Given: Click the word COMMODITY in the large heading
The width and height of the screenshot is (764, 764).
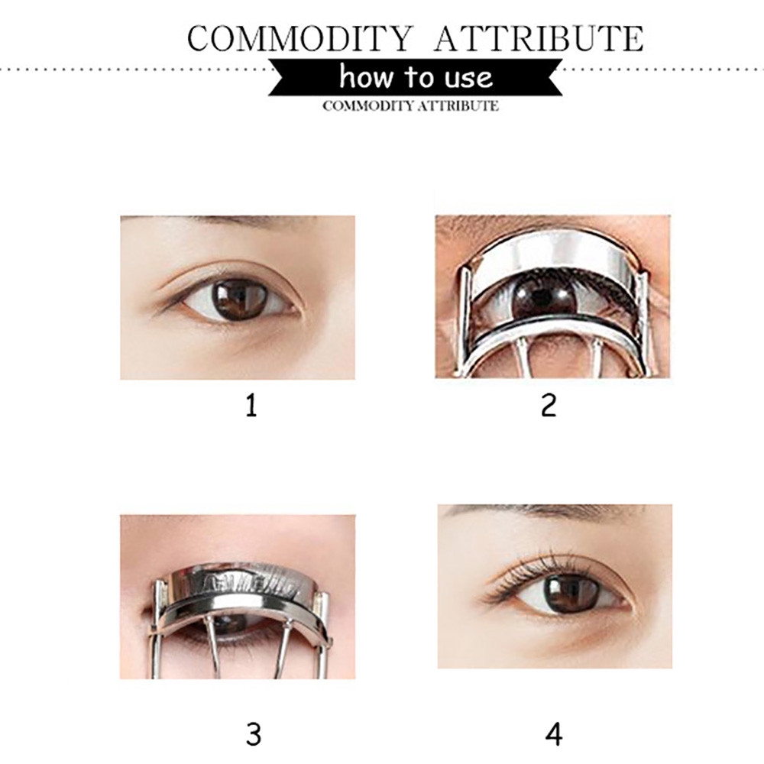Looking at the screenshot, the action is [x=300, y=38].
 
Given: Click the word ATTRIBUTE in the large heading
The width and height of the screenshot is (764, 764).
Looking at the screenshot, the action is [x=539, y=38].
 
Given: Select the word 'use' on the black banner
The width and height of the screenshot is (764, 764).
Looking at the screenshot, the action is [x=468, y=78].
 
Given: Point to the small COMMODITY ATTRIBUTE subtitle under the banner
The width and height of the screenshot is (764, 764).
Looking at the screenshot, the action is [x=410, y=105].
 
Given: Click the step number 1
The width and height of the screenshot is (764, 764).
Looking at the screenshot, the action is [x=251, y=406].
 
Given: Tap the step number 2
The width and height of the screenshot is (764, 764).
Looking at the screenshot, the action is [x=549, y=406].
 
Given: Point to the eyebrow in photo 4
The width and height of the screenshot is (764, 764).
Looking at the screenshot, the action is [x=545, y=511].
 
